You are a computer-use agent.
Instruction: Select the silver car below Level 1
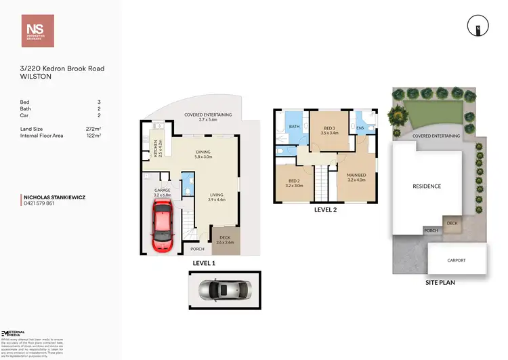224,289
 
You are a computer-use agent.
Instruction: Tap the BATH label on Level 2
295,127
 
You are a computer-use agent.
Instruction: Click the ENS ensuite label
360,127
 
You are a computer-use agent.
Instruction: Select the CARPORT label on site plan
457,260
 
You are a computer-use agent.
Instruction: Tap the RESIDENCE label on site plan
427,186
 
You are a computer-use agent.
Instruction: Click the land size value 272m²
95,129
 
